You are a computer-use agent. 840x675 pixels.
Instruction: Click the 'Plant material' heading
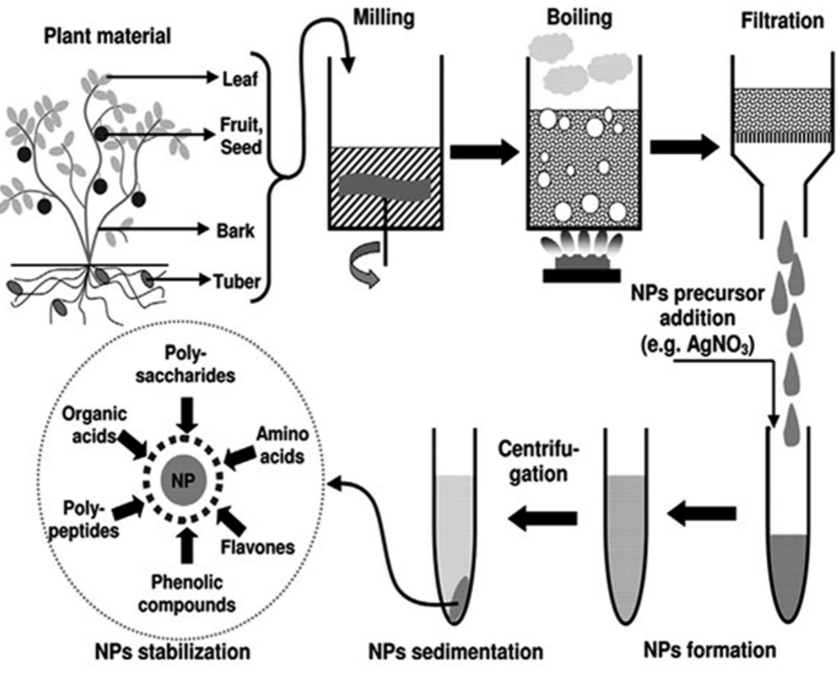pyautogui.click(x=107, y=37)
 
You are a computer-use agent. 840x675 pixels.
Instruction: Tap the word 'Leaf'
pyautogui.click(x=240, y=79)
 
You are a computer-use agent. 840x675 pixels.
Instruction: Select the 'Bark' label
pyautogui.click(x=235, y=231)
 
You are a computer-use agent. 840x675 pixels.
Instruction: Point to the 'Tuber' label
pyautogui.click(x=237, y=282)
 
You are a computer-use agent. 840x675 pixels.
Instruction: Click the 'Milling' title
pyautogui.click(x=384, y=18)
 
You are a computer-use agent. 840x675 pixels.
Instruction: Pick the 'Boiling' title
pyautogui.click(x=579, y=18)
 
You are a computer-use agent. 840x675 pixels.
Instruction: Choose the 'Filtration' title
pyautogui.click(x=782, y=21)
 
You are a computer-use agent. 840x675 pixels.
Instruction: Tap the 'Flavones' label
pyautogui.click(x=258, y=547)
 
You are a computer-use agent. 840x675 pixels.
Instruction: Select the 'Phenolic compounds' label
pyautogui.click(x=187, y=593)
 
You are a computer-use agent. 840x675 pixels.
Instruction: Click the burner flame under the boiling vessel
pyautogui.click(x=580, y=248)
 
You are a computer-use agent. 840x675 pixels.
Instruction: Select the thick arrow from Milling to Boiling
pyautogui.click(x=484, y=151)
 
